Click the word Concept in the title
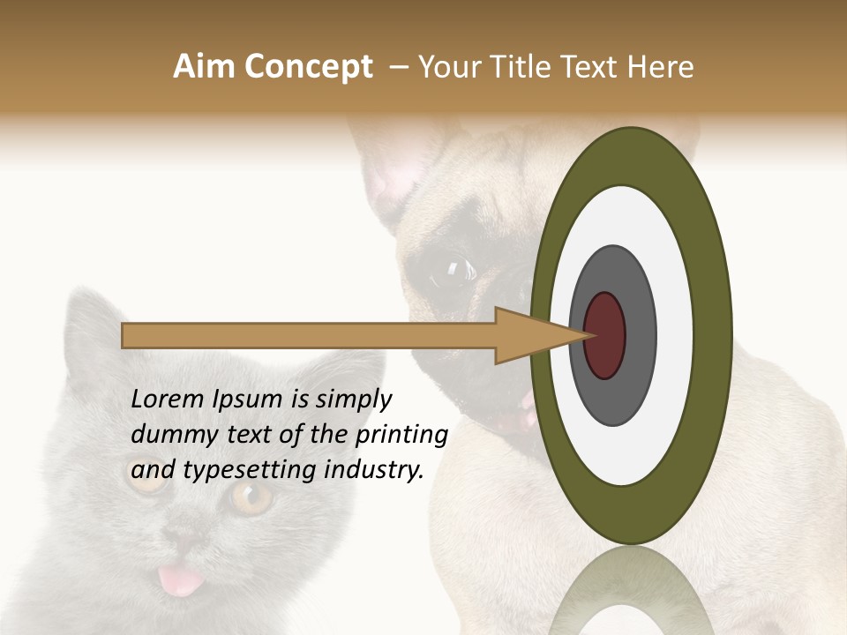[308, 67]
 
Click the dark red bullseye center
[604, 335]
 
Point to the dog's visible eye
[453, 268]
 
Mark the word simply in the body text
[354, 400]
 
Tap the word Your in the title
[449, 67]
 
